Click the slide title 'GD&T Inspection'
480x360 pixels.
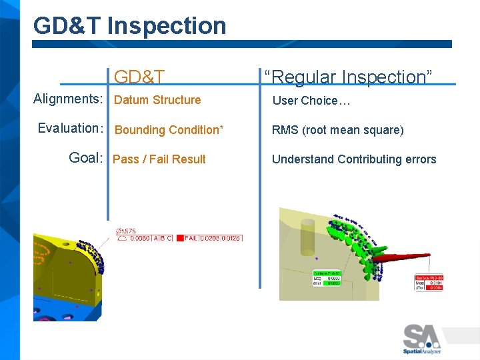129,26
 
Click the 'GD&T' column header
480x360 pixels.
139,77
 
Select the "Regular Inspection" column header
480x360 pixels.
348,77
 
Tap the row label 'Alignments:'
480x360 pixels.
68,99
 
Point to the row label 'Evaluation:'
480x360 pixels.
70,128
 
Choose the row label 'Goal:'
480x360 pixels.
86,158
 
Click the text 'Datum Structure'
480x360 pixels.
157,100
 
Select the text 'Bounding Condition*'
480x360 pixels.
169,130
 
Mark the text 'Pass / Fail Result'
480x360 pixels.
159,159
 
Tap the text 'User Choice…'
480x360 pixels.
311,101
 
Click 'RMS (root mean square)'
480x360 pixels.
337,130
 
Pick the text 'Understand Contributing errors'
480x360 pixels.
353,159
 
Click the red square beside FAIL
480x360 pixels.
179,238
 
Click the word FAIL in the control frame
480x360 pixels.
191,238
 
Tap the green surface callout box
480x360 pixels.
327,278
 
